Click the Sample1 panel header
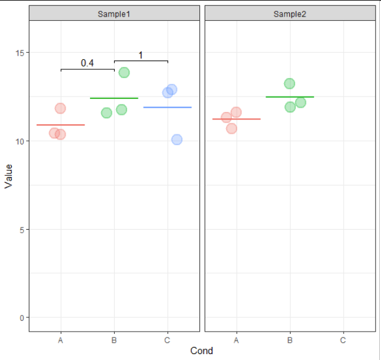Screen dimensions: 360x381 114,14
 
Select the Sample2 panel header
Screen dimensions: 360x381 290,14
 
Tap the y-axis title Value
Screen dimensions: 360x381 8,176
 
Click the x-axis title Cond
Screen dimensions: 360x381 202,351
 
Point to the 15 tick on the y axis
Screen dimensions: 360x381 20,53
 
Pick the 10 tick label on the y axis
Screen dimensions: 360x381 20,142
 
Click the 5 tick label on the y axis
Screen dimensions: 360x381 22,229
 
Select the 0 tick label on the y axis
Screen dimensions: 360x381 22,317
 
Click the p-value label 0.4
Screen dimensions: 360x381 88,63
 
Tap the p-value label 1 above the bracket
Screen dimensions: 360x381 141,55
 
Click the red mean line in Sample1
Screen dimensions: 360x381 60,125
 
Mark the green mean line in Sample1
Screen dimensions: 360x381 114,98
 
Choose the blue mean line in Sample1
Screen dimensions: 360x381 167,107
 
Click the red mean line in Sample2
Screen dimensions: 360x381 236,119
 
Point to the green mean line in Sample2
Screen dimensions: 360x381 290,97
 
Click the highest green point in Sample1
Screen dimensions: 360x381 124,72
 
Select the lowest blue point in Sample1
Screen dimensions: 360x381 176,140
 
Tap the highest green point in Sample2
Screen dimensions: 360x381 289,83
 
